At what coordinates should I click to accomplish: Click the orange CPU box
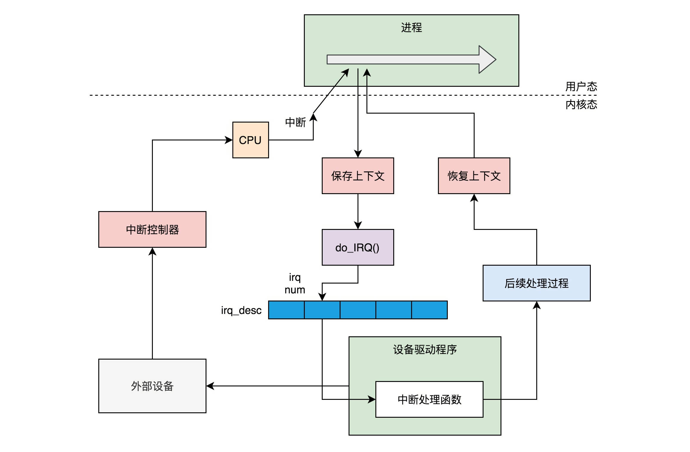coord(251,140)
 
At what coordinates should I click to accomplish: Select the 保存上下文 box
coord(358,176)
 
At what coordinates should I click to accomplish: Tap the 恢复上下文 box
coord(474,176)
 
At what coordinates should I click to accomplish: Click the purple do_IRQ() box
coord(358,247)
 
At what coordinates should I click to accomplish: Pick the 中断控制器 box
coord(152,229)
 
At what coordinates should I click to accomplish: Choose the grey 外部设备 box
coord(152,386)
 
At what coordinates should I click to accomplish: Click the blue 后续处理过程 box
coord(537,283)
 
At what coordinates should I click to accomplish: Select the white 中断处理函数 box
coord(429,399)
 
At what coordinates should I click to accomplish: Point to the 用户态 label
coord(581,86)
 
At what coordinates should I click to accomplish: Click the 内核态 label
coord(581,104)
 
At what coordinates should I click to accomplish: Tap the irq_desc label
coord(241,310)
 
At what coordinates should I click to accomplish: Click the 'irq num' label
coord(295,283)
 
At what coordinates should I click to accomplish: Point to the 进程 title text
coord(411,27)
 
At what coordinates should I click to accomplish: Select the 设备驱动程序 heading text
coord(425,349)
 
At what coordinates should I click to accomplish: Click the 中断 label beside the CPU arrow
coord(295,122)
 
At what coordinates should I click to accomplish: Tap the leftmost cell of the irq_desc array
coord(286,310)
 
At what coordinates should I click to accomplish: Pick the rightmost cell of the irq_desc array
coord(429,310)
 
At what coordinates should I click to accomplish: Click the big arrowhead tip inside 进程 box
coord(496,59)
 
